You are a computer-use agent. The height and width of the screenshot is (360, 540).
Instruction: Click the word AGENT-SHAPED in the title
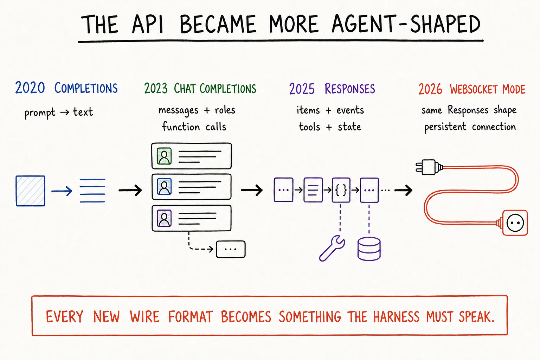[x=406, y=24]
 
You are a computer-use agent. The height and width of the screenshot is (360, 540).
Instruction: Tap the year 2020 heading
[x=30, y=88]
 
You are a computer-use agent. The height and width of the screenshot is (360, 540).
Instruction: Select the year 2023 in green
[x=156, y=89]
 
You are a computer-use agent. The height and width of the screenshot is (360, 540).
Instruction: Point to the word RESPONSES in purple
[x=350, y=89]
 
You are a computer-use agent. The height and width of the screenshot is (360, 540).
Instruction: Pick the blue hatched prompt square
[x=30, y=191]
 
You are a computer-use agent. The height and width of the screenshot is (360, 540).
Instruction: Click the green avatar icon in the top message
[x=164, y=156]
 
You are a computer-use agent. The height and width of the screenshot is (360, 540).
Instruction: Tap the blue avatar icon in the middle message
[x=164, y=187]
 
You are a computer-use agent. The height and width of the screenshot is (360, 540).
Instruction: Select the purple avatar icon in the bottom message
[x=164, y=218]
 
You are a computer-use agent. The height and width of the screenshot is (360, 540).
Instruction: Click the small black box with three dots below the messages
[x=231, y=249]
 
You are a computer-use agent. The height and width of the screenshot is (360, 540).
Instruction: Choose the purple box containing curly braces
[x=341, y=190]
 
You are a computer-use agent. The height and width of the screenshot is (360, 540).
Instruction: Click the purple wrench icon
[x=332, y=248]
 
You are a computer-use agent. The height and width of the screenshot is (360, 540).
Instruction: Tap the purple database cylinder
[x=369, y=249]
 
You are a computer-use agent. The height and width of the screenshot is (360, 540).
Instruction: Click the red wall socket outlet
[x=515, y=223]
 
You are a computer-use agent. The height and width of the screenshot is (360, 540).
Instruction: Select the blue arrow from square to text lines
[x=62, y=191]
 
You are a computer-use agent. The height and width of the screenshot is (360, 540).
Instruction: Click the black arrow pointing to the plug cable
[x=403, y=191]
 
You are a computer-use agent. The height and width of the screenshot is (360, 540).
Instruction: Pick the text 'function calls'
[x=194, y=127]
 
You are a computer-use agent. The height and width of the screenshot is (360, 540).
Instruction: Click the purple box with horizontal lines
[x=313, y=190]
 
